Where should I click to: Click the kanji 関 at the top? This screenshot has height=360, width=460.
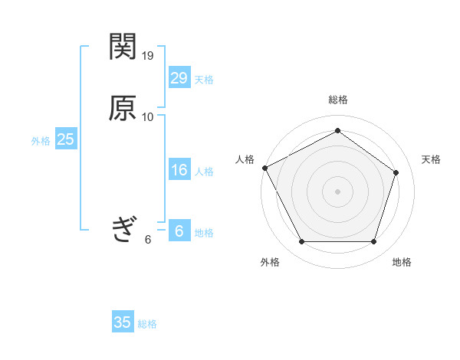click(123, 48)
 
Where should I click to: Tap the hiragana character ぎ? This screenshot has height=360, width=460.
click(123, 229)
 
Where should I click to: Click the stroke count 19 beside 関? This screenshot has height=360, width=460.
click(148, 56)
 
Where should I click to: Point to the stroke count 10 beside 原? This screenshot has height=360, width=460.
click(148, 116)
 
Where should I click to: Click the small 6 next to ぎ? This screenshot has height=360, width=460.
click(148, 239)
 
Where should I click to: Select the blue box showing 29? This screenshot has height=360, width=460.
click(179, 77)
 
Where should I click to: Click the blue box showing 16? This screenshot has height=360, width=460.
click(179, 170)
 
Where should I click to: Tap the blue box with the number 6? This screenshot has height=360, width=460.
click(179, 231)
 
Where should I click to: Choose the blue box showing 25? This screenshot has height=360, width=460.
click(65, 139)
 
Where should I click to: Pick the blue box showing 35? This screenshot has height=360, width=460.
click(123, 322)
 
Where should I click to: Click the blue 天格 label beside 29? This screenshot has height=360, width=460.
click(204, 79)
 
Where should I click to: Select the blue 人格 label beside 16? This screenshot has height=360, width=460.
click(204, 172)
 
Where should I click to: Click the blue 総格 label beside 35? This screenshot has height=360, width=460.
click(147, 324)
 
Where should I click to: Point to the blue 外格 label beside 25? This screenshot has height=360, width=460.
click(41, 141)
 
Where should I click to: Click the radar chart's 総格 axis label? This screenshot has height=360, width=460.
click(337, 100)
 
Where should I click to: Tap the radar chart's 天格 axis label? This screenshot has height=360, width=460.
click(431, 159)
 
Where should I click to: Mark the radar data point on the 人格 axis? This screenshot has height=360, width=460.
click(264, 168)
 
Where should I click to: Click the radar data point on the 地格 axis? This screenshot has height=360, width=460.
click(373, 242)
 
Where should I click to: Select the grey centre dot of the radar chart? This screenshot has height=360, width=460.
click(337, 191)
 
